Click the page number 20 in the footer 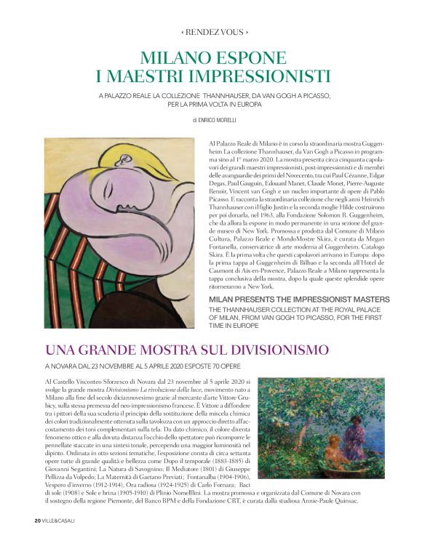(37, 521)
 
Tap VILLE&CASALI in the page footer (59, 521)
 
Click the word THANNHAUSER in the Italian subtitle (226, 95)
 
